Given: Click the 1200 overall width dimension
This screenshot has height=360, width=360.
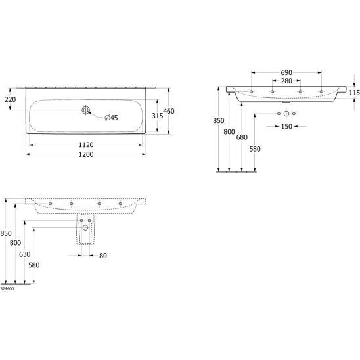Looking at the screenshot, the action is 86,154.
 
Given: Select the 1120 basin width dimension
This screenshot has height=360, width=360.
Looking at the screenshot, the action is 86,145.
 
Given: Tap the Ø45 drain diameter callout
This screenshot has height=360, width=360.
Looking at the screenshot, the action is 111,118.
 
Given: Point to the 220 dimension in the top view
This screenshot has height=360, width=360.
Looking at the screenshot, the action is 11,99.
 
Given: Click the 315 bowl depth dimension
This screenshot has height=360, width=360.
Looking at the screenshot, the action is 157,116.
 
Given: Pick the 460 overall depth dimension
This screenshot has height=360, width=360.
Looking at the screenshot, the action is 169,112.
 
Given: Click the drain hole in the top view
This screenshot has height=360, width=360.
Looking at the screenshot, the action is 85,110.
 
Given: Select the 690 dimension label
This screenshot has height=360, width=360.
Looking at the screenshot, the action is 286,72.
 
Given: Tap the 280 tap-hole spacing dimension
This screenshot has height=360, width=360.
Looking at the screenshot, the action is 286,81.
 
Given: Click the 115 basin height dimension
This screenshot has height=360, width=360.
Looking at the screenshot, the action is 354,93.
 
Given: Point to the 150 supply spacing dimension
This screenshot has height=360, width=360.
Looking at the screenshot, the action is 286,127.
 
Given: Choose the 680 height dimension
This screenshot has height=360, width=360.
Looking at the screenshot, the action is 242,137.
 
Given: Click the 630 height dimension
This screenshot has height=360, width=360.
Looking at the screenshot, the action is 24,254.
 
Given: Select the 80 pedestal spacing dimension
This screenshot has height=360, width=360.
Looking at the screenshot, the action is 103,256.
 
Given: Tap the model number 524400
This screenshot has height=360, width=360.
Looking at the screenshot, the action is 7,289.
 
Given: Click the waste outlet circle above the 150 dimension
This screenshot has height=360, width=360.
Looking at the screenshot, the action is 286,114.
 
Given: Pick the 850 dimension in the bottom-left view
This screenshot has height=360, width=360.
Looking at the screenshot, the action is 6,233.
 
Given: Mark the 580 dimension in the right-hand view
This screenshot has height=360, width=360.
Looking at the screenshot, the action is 255,149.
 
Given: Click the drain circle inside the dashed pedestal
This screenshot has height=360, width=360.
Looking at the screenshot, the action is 85,228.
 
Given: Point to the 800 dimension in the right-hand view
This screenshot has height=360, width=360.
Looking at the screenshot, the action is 229,132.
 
